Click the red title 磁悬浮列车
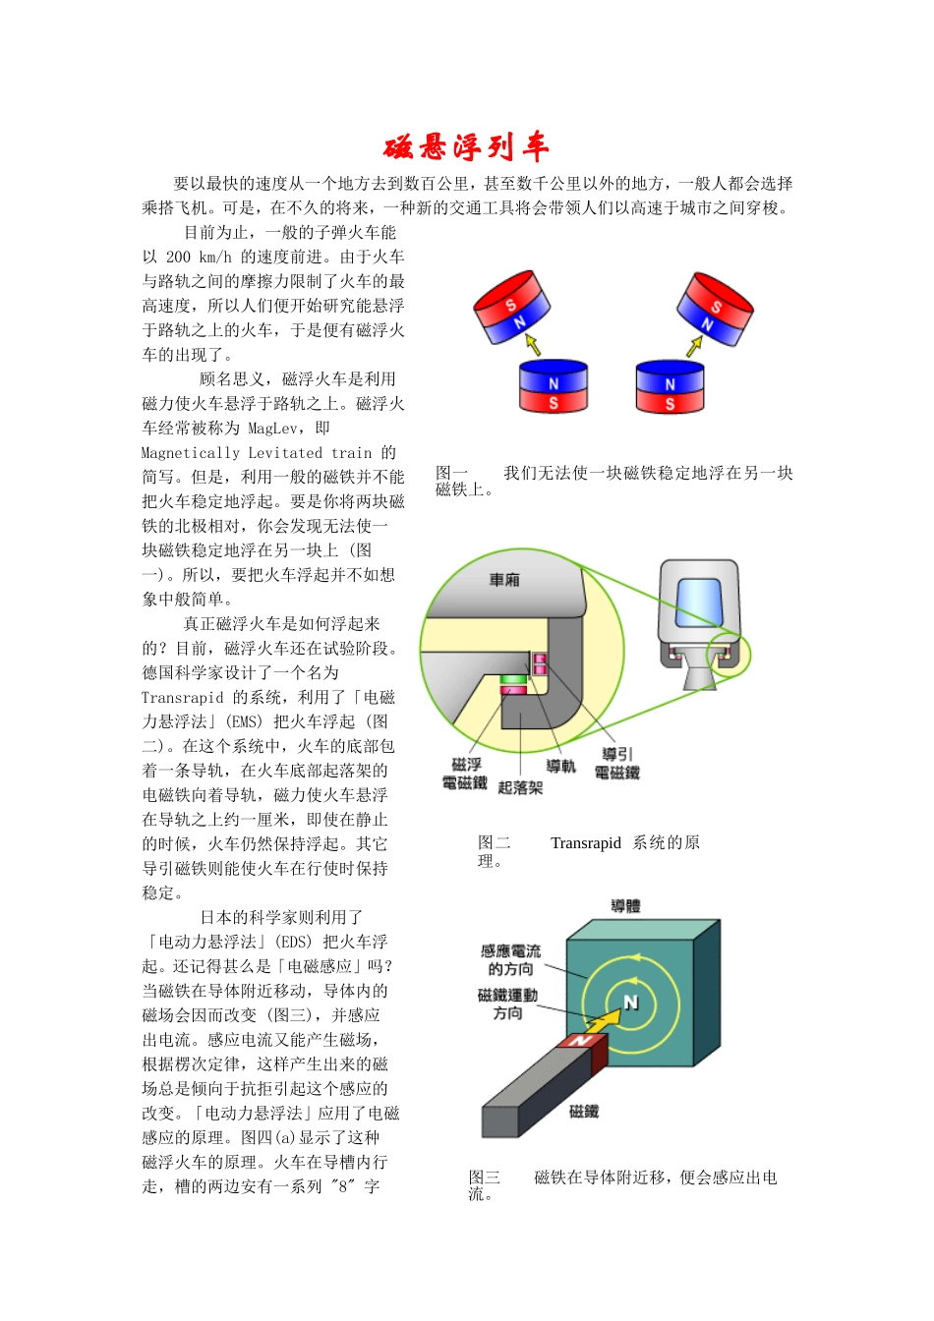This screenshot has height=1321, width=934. point(466,147)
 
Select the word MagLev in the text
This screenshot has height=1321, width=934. point(275,429)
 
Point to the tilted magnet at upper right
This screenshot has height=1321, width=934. point(715,309)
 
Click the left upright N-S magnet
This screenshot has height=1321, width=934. point(554,386)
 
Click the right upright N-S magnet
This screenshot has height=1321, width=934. point(671,386)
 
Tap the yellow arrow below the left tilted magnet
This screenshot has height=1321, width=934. point(532,343)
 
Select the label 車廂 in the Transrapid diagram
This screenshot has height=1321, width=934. point(504,580)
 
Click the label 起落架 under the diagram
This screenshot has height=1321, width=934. point(520,787)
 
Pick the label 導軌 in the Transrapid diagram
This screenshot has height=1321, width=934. point(561,766)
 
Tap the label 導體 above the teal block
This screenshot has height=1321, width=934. point(625,906)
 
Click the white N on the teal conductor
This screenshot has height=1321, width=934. point(631,1003)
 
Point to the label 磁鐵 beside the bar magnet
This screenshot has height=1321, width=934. point(584,1112)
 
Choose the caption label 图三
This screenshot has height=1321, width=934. point(484,1177)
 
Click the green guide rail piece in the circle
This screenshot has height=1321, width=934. point(513,679)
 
